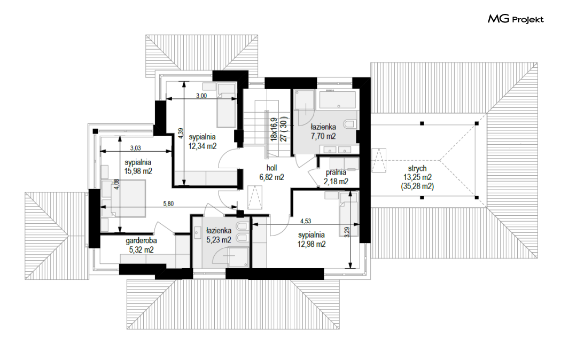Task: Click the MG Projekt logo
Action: [516, 19]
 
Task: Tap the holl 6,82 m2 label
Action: [271, 173]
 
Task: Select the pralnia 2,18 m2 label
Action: [336, 177]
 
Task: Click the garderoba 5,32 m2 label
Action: [142, 245]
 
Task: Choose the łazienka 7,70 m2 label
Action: [323, 131]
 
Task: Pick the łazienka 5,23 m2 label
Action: [219, 235]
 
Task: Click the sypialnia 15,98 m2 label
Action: [138, 167]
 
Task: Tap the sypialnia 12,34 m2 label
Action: [202, 142]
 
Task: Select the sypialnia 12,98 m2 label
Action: [311, 239]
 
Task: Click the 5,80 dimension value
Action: [168, 204]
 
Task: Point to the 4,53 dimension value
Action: [306, 221]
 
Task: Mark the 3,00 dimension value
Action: [201, 96]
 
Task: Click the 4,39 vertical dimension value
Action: [181, 134]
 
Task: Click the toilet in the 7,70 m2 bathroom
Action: [350, 124]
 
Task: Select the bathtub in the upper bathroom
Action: [338, 99]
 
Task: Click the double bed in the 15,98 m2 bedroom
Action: [124, 199]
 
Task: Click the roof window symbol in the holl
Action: [255, 197]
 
